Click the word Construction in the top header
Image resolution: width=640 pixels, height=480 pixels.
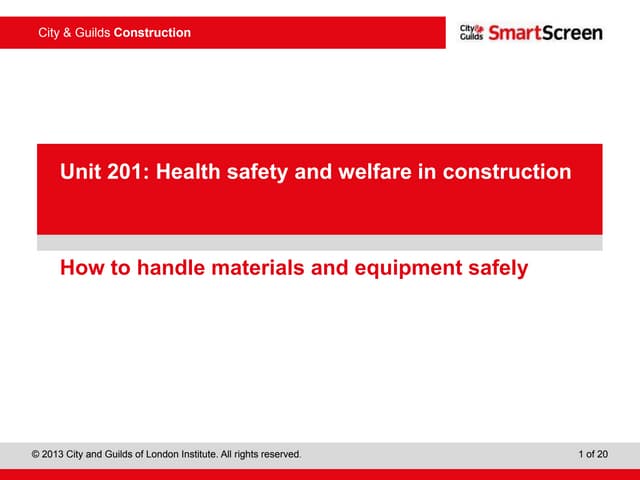(x=152, y=33)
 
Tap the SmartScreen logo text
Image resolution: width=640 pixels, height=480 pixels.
(x=546, y=33)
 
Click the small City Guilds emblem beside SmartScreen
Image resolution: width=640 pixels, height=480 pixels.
(x=471, y=32)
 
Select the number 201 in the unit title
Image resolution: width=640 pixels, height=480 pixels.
(x=123, y=172)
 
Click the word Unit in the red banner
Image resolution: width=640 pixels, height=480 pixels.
(x=80, y=172)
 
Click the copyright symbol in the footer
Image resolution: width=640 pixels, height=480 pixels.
(x=36, y=455)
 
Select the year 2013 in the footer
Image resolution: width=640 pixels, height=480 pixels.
(x=55, y=455)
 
